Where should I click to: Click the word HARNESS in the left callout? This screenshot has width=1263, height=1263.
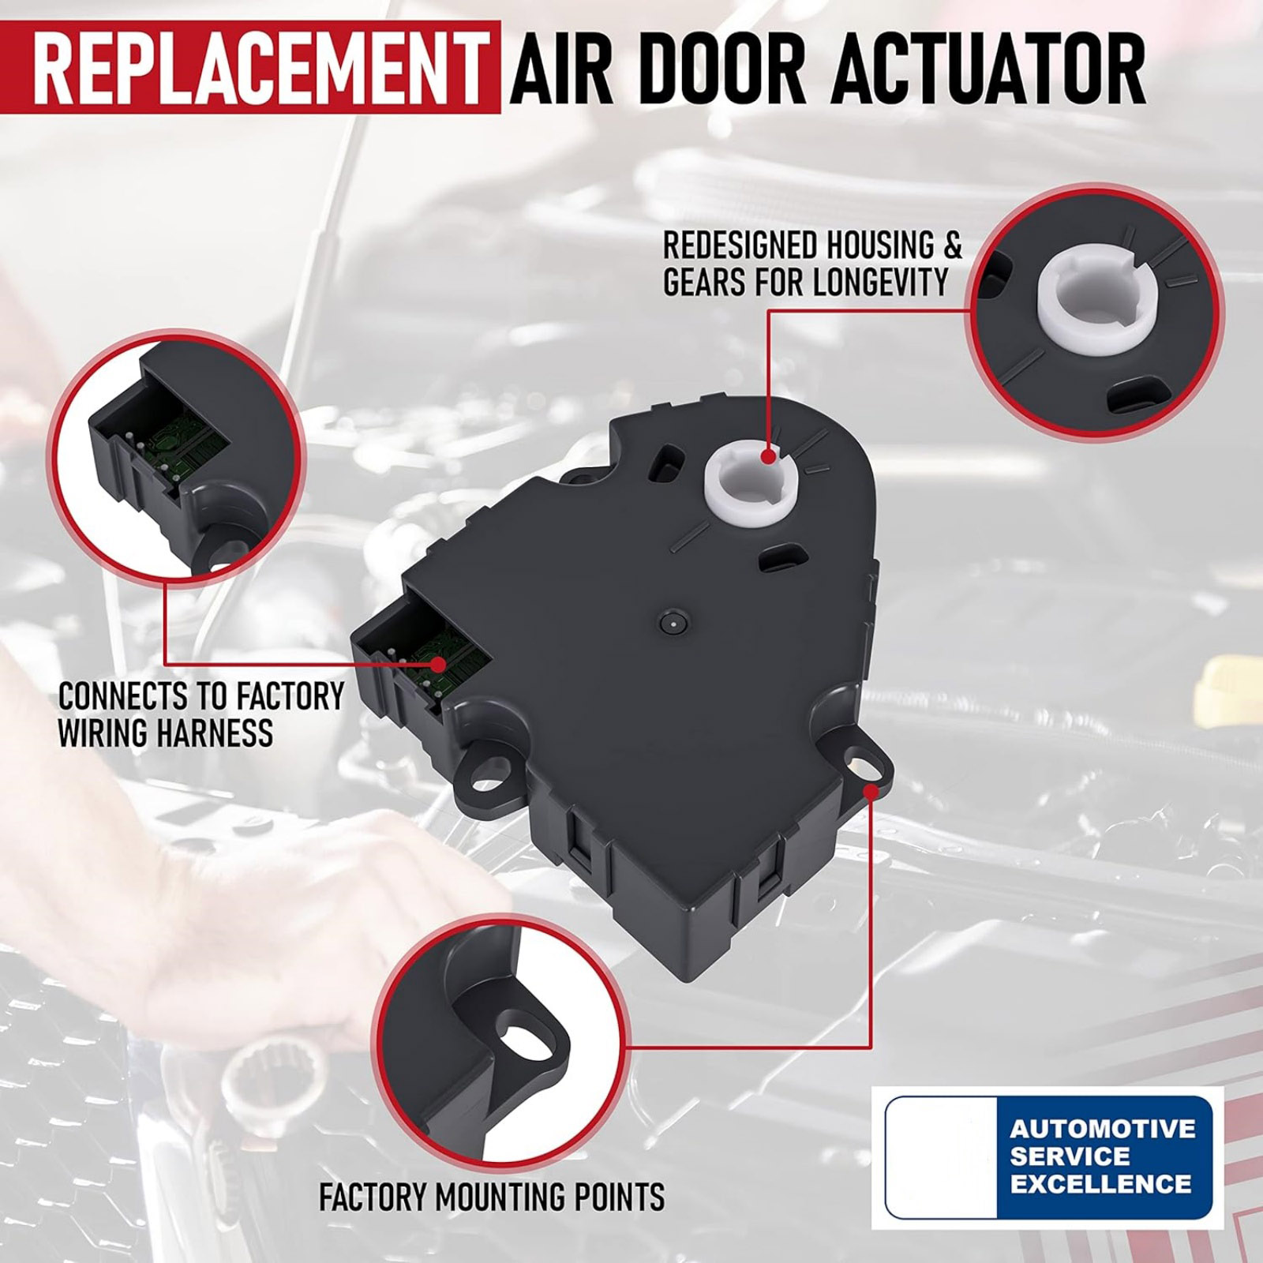[215, 733]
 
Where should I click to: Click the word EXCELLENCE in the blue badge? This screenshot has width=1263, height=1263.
[1100, 1183]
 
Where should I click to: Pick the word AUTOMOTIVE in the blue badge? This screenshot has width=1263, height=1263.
[1103, 1128]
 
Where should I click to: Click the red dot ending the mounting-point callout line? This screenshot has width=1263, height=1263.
[871, 790]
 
